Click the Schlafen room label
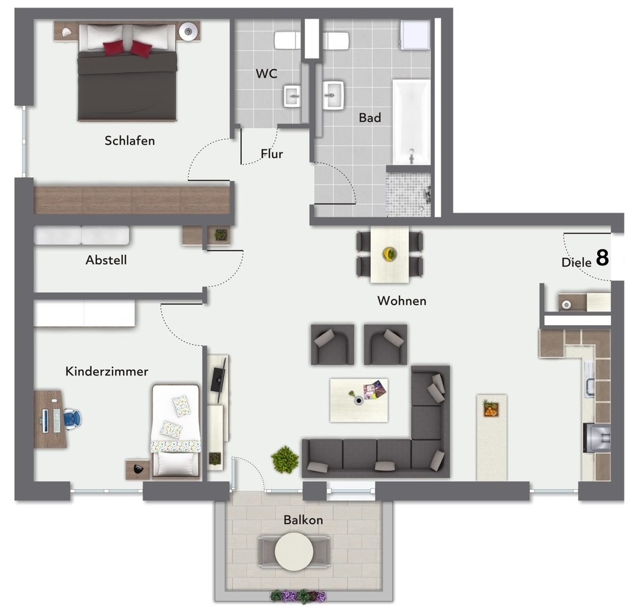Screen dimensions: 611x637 [129, 140]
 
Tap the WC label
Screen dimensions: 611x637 [266, 73]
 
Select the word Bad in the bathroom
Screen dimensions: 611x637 [370, 117]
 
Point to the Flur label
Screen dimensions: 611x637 [272, 154]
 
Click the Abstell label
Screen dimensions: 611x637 [106, 260]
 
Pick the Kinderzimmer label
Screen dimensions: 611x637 [107, 371]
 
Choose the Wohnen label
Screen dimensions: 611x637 [402, 301]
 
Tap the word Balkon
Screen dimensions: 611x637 [303, 520]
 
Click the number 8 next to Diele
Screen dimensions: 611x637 [602, 258]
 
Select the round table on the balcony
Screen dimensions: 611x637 [294, 551]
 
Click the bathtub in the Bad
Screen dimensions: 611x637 [411, 121]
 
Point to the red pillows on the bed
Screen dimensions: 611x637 [128, 48]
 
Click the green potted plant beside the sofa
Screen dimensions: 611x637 [285, 460]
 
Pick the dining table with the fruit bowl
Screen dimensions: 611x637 [389, 254]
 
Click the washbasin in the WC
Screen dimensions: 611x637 [292, 96]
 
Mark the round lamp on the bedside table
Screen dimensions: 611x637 [187, 30]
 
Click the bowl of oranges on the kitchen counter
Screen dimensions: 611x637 [491, 409]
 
